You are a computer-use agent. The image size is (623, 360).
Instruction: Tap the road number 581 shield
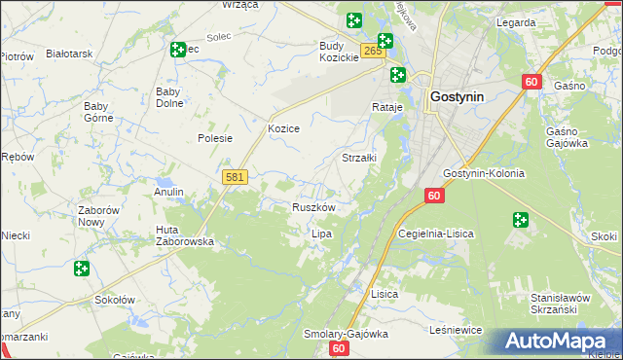click(x=235, y=177)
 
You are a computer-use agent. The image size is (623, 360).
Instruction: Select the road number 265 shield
click(x=370, y=51)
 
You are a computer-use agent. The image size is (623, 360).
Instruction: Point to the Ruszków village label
click(x=314, y=207)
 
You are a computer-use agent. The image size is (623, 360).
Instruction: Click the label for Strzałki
click(x=358, y=157)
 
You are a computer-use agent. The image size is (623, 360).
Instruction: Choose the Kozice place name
click(x=283, y=128)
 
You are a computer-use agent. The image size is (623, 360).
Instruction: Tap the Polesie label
click(x=215, y=138)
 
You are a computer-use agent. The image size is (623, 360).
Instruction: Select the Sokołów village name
click(x=114, y=300)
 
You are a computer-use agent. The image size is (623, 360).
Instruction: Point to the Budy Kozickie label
click(x=339, y=52)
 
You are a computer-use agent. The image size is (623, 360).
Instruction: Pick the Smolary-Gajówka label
click(x=346, y=333)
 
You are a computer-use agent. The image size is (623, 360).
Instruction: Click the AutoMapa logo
click(x=556, y=342)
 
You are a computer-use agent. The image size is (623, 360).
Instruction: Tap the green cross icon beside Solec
click(x=178, y=49)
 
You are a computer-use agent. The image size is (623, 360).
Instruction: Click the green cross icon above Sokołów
click(x=82, y=268)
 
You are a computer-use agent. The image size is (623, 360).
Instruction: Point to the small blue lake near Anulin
click(x=163, y=182)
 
